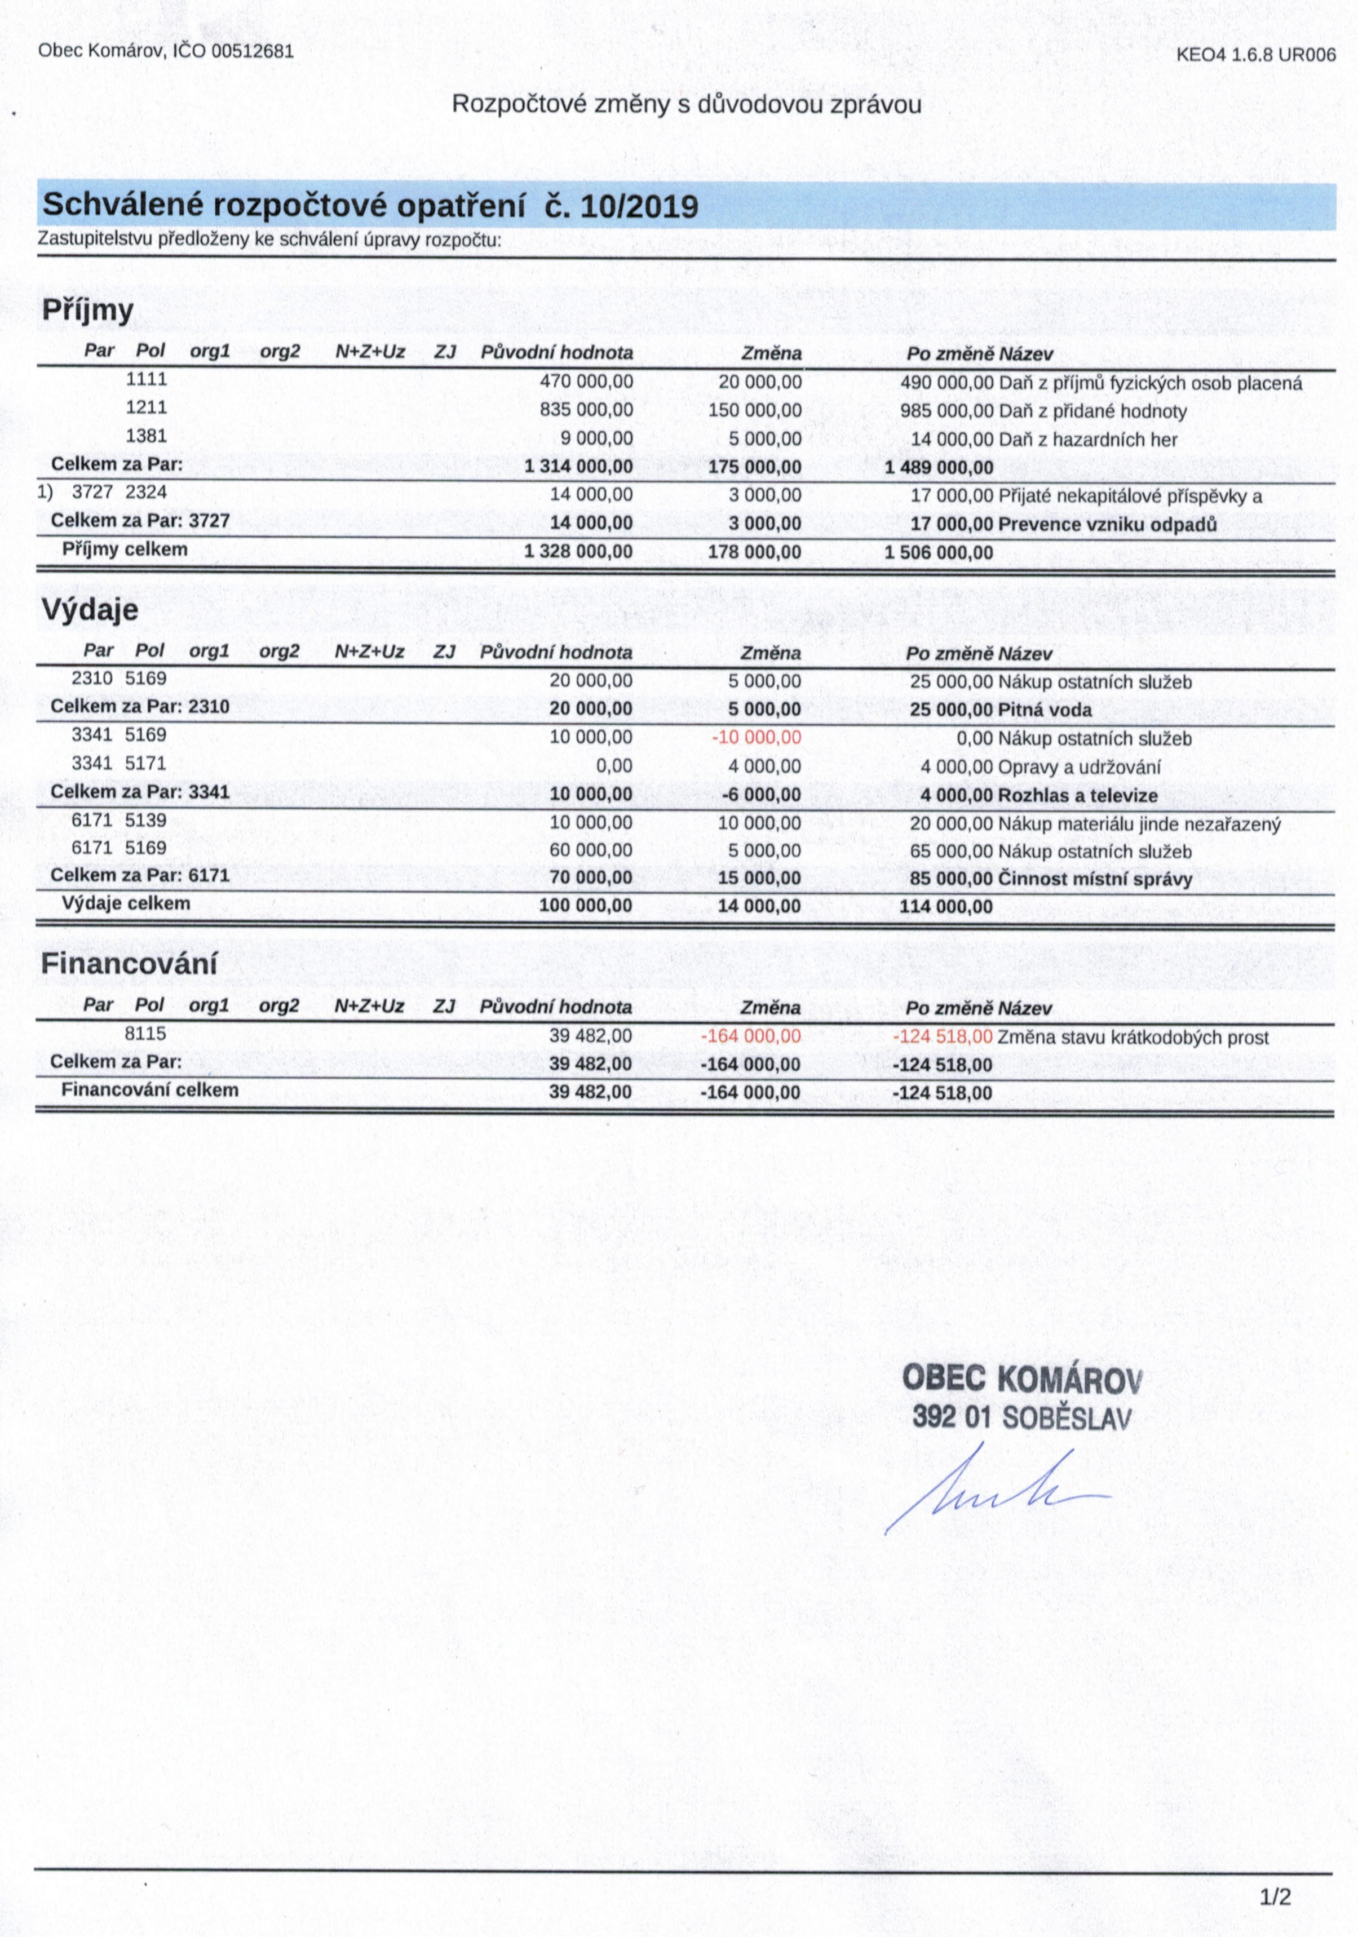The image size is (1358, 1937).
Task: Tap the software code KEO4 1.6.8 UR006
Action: tap(1256, 56)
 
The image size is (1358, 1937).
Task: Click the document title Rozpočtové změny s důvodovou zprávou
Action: tap(686, 105)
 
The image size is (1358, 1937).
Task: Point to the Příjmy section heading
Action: tap(88, 311)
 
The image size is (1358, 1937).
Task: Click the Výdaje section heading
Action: tap(90, 609)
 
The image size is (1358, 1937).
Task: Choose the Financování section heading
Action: tap(129, 964)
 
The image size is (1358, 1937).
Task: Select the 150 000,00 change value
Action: tap(755, 411)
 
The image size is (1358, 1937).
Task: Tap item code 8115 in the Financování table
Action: tap(146, 1034)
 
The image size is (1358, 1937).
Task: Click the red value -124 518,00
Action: tap(942, 1037)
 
